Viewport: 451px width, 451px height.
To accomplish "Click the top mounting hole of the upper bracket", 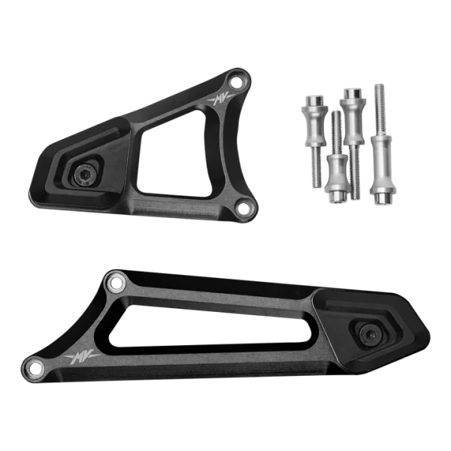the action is click(x=237, y=82).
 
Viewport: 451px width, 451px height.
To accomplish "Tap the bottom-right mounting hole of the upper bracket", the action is click(x=244, y=206).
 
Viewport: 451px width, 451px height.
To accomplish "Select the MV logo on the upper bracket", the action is click(x=221, y=100).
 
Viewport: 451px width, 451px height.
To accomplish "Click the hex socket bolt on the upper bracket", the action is click(x=83, y=174).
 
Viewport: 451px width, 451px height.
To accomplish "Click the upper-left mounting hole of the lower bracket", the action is click(x=116, y=283).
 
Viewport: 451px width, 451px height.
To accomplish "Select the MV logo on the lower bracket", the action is click(x=82, y=356).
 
